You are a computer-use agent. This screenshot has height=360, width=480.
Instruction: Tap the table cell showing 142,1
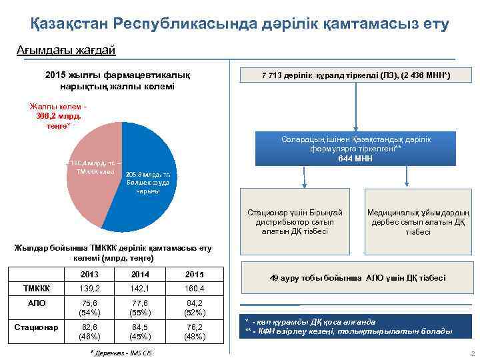coord(141,289)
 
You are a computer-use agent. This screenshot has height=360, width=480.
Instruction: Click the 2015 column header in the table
coord(193,275)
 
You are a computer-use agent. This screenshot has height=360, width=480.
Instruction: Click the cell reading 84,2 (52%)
coord(193,309)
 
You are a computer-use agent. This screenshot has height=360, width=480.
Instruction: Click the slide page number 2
coord(472,353)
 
